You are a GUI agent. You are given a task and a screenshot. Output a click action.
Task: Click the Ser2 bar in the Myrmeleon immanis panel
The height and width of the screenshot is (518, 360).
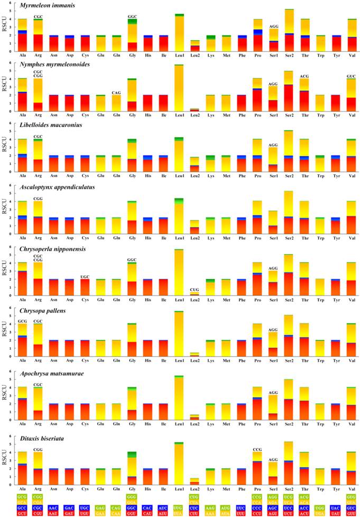[x=289, y=32]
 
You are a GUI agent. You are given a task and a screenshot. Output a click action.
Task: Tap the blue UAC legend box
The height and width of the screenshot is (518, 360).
[x=321, y=506]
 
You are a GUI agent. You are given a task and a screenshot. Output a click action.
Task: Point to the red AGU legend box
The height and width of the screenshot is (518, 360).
[x=273, y=513]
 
